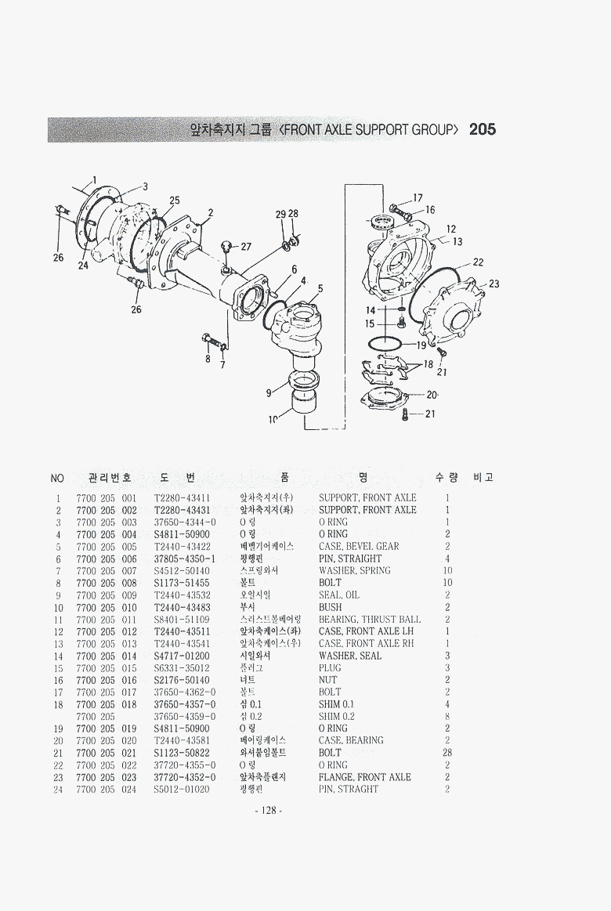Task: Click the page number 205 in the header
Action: point(482,130)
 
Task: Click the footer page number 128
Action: point(269,811)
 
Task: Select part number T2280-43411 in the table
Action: point(182,497)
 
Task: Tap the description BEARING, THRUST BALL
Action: point(369,620)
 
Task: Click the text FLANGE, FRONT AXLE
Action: point(364,777)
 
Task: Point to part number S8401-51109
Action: point(182,620)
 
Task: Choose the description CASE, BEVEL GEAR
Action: point(359,546)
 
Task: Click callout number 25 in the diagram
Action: point(174,201)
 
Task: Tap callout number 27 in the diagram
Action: point(245,247)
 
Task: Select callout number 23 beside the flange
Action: point(493,284)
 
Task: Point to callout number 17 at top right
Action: point(418,198)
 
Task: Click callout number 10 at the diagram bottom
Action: point(273,421)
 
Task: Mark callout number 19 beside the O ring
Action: point(421,345)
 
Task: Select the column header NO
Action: point(56,478)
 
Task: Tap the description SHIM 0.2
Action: point(337,716)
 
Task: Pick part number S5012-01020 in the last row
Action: point(182,789)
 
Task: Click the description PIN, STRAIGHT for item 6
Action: point(350,559)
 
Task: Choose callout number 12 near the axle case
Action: point(451,230)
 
